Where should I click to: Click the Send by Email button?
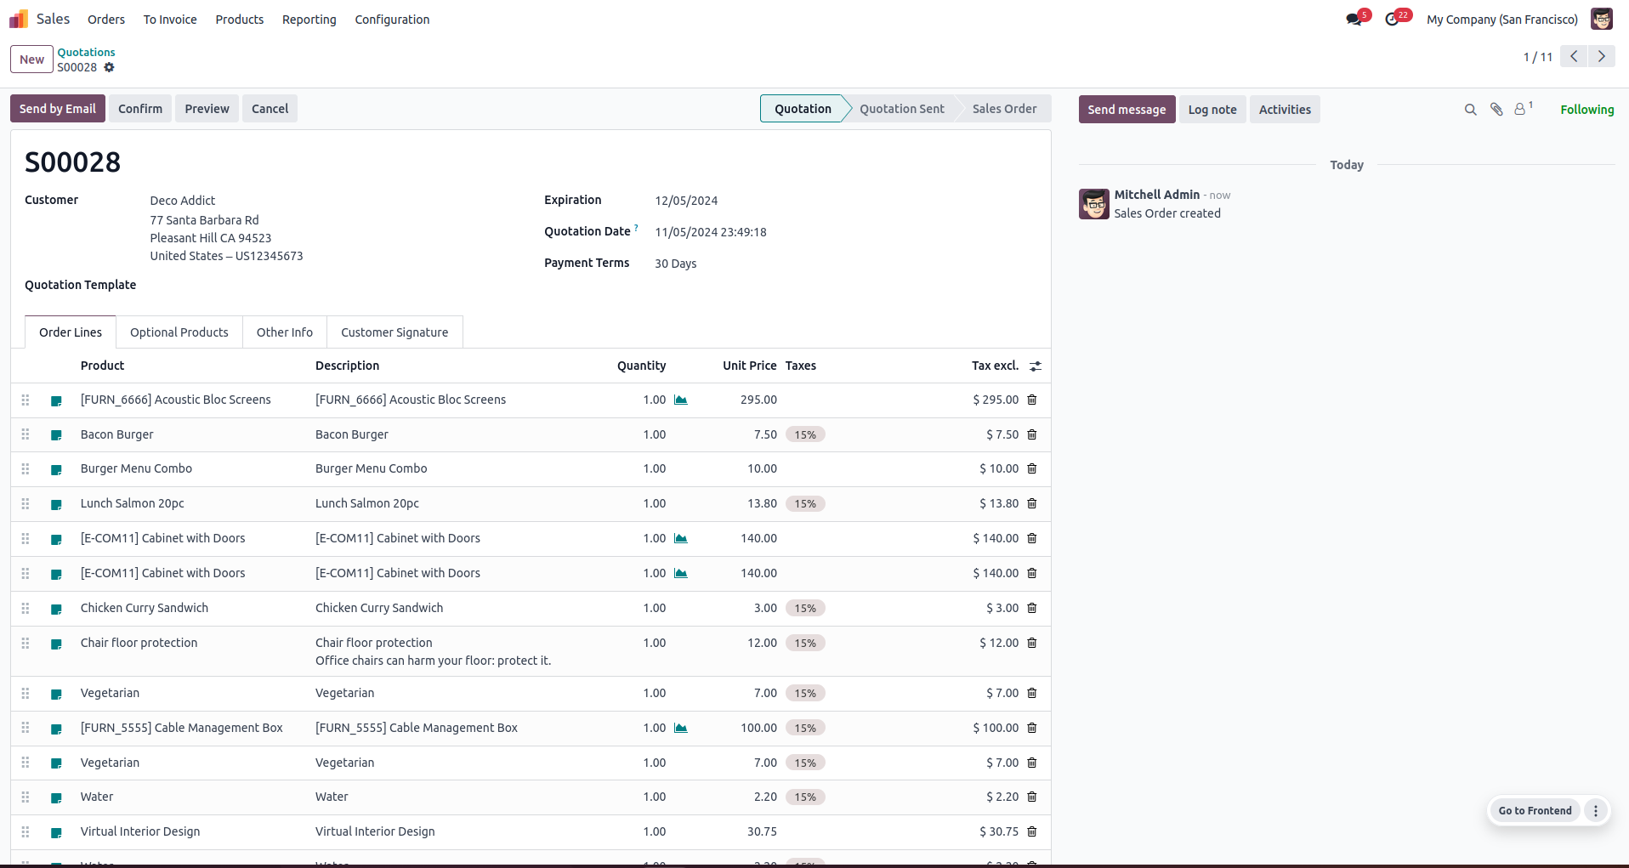click(x=58, y=109)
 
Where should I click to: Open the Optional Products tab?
click(x=179, y=332)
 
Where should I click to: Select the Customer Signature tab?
click(x=394, y=332)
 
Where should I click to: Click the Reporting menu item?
click(x=309, y=20)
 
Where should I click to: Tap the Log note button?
click(x=1212, y=110)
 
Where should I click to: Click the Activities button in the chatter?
click(x=1285, y=110)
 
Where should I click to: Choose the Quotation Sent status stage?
click(x=901, y=109)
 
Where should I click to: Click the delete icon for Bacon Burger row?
click(x=1032, y=434)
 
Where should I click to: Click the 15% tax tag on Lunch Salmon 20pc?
click(x=805, y=504)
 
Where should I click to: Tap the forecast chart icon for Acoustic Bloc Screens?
click(x=681, y=400)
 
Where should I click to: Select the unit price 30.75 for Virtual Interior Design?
click(x=762, y=831)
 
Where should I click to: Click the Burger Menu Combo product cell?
click(x=136, y=468)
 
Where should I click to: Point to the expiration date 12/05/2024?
click(x=686, y=201)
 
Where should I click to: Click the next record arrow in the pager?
click(x=1602, y=56)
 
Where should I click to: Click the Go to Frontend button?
click(x=1535, y=810)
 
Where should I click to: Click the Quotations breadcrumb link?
click(x=86, y=52)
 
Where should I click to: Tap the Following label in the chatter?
click(x=1586, y=110)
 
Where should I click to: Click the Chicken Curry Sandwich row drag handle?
click(x=26, y=609)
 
